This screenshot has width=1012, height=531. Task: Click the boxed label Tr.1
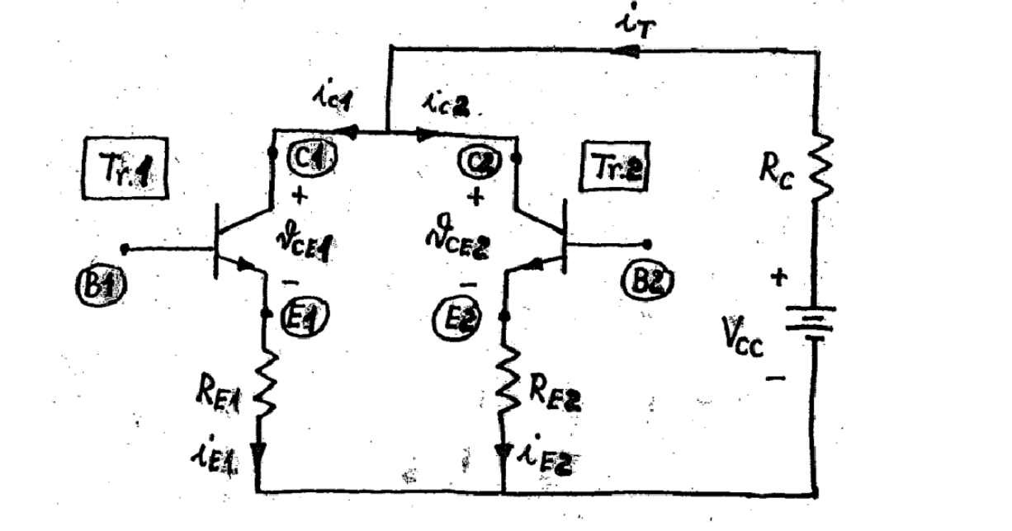pyautogui.click(x=126, y=168)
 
